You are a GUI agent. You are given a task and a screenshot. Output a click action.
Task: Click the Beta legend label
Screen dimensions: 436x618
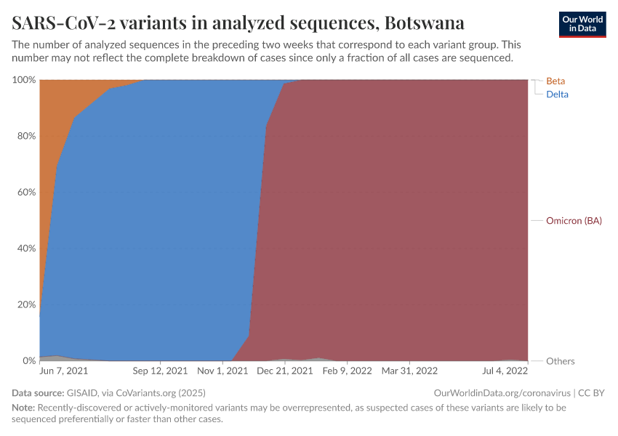click(x=555, y=81)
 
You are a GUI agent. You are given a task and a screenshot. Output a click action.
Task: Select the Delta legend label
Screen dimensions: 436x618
click(x=557, y=94)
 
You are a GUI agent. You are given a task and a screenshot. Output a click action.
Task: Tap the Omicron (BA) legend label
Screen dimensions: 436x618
click(x=574, y=220)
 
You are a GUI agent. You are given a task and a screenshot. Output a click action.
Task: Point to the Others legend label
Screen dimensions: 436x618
click(x=560, y=361)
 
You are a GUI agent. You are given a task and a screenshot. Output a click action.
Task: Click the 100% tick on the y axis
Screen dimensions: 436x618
click(x=24, y=79)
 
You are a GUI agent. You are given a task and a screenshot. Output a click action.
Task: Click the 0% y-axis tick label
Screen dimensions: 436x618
click(x=29, y=360)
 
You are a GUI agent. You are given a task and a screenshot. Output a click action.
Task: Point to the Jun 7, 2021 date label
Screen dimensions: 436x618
click(x=63, y=371)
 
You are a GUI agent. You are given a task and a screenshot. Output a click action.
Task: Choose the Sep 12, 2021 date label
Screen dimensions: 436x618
click(x=160, y=371)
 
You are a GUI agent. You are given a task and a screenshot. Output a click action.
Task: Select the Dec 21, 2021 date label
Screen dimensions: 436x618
click(x=286, y=371)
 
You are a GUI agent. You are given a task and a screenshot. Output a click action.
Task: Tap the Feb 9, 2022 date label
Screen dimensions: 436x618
click(x=348, y=371)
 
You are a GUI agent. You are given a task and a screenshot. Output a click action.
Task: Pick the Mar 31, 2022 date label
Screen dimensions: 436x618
click(x=409, y=371)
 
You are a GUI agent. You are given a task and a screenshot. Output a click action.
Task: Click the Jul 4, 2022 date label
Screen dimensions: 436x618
click(x=505, y=371)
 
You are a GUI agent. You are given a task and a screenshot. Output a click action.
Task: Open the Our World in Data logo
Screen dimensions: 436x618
click(x=582, y=24)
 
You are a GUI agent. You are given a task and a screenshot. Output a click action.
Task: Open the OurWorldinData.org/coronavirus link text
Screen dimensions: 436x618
click(x=499, y=393)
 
